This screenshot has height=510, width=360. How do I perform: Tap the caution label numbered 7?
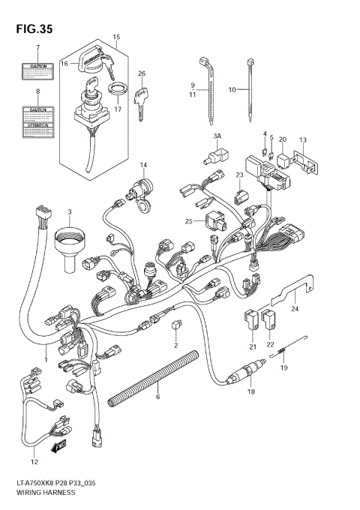pyautogui.click(x=38, y=71)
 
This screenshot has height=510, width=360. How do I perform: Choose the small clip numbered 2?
pyautogui.click(x=175, y=324)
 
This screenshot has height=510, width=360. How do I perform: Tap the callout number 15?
pyautogui.click(x=116, y=37)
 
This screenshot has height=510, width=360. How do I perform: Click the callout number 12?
pyautogui.click(x=32, y=461)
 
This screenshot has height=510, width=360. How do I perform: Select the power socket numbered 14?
pyautogui.click(x=139, y=192)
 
